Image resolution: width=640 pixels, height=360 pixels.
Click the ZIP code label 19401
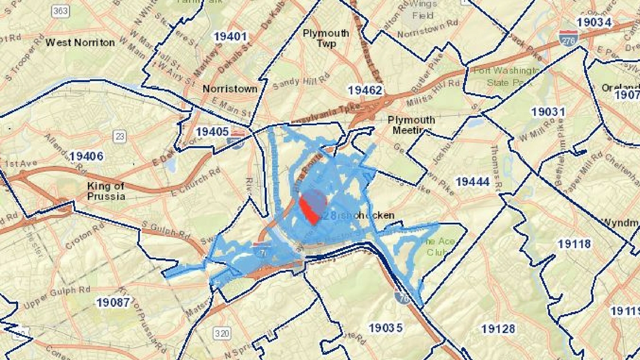[x=230, y=37]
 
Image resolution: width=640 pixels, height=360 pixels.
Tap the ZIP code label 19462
[x=365, y=90]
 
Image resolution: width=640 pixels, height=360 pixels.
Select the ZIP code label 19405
[x=212, y=132]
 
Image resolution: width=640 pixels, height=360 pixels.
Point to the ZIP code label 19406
[x=86, y=156]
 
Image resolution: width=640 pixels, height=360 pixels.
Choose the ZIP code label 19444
[x=473, y=182]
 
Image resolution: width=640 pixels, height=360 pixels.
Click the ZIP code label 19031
[x=548, y=112]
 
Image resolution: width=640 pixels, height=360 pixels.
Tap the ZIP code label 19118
[x=574, y=244]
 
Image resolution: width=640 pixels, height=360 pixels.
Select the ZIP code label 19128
[x=498, y=329]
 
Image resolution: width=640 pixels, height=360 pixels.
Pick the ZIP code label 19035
[x=386, y=328]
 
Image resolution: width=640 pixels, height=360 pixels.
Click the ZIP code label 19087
[x=113, y=302]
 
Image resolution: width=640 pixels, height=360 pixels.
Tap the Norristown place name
[x=230, y=89]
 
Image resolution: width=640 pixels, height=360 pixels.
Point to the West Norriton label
[x=80, y=42]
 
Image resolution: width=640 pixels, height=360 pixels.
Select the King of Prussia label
[x=106, y=191]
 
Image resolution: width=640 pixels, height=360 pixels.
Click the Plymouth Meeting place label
[x=411, y=125]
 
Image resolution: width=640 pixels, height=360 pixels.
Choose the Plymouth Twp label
[x=326, y=38]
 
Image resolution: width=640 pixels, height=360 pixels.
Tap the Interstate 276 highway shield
[x=568, y=38]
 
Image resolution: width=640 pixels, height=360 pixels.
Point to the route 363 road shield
[x=59, y=11]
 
